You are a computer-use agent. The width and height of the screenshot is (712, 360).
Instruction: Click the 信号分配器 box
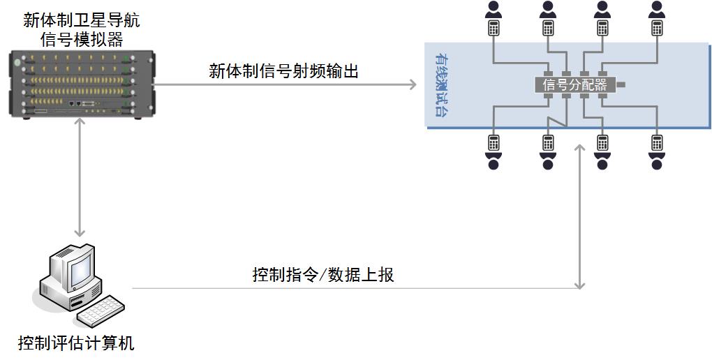574,85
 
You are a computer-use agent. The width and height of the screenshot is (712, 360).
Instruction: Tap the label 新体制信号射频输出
283,70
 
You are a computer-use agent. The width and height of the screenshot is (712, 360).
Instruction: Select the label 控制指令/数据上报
323,274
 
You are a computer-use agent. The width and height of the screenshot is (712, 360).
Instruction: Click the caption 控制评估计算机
76,343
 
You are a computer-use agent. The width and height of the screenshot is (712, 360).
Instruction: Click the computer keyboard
101,312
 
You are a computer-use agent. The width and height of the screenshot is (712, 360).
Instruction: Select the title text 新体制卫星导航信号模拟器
81,29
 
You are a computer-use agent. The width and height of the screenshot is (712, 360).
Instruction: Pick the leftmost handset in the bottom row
494,142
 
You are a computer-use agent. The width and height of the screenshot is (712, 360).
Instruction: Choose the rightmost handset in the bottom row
656,142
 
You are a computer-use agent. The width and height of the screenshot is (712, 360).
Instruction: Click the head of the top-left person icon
494,6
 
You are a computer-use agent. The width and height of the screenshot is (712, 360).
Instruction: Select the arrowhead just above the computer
80,233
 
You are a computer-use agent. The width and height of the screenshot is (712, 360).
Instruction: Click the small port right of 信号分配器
620,85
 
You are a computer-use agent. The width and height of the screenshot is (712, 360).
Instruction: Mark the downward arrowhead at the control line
579,283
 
